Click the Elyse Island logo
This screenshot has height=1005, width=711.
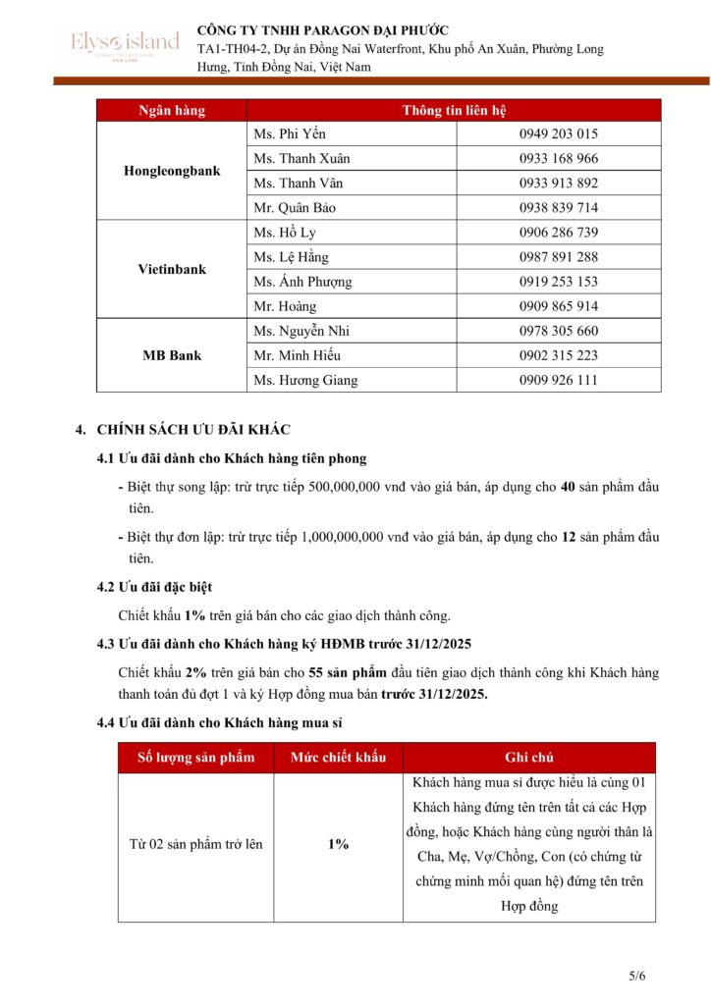pyautogui.click(x=125, y=43)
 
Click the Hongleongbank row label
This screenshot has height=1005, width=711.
pyautogui.click(x=172, y=171)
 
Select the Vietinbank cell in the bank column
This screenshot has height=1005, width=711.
pyautogui.click(x=172, y=269)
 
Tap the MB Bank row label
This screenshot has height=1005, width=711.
pyautogui.click(x=172, y=355)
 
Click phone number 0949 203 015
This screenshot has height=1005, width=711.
pyautogui.click(x=558, y=134)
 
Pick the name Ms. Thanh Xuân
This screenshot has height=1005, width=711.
pyautogui.click(x=301, y=159)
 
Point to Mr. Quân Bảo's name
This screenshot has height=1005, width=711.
pyautogui.click(x=295, y=208)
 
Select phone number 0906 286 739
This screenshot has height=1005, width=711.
pyautogui.click(x=558, y=233)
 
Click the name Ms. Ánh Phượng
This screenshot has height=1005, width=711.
pyautogui.click(x=302, y=282)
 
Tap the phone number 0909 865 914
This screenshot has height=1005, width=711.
pyautogui.click(x=558, y=306)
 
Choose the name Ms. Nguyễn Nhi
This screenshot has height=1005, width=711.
pyautogui.click(x=301, y=331)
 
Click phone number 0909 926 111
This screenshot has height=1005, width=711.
pyautogui.click(x=558, y=380)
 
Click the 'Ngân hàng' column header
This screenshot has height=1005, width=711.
pyautogui.click(x=172, y=111)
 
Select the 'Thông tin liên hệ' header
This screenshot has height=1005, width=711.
pyautogui.click(x=454, y=111)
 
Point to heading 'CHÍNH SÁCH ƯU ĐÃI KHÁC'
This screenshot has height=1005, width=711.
pyautogui.click(x=193, y=430)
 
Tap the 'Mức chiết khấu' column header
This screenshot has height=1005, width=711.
pyautogui.click(x=338, y=758)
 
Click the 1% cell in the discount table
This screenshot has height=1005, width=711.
pyautogui.click(x=338, y=844)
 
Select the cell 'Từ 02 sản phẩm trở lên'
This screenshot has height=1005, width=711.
pyautogui.click(x=196, y=844)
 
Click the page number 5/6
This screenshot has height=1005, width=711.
pyautogui.click(x=637, y=976)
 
